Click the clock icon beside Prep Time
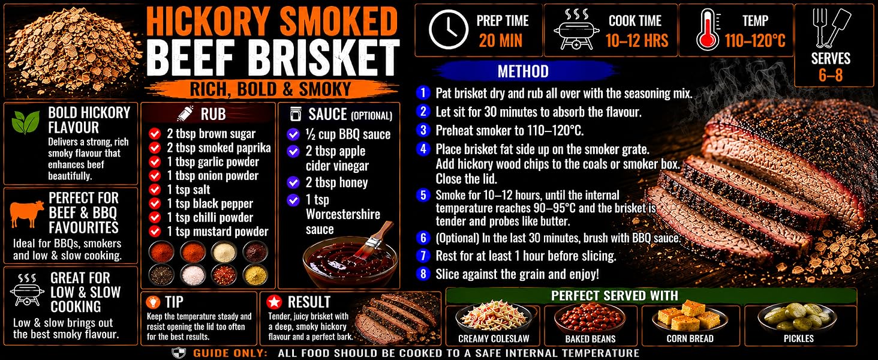coord(449,30)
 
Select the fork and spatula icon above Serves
coord(831,28)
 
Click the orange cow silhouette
coord(26,214)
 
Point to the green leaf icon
coord(26,122)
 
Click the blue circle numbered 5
coord(423,195)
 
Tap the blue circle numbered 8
coord(423,274)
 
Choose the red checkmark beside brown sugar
coord(155,134)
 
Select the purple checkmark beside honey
coord(293,182)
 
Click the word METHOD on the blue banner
coord(523,71)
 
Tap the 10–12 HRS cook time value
coord(636,41)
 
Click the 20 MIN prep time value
coord(501,41)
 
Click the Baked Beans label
coord(590,338)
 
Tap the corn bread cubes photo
coord(690,317)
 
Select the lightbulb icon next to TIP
coord(152,302)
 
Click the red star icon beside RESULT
coord(274,302)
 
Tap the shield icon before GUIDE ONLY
coord(179,353)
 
